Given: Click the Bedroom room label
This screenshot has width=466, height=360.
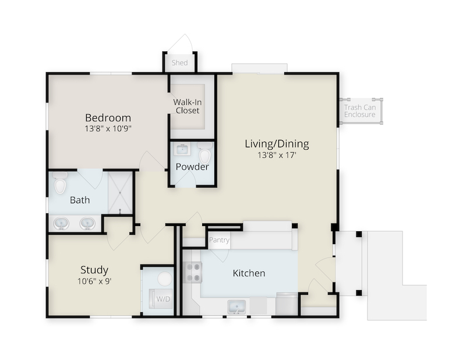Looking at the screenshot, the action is point(108,118).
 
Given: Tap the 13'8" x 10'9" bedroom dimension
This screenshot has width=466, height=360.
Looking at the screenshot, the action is point(108,129).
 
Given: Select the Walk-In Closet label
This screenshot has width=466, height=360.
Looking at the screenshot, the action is point(188,107).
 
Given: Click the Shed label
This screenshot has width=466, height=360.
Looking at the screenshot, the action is point(180,63).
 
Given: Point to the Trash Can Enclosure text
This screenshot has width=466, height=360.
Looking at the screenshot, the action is point(360,111).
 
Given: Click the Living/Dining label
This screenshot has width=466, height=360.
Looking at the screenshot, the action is point(277,144).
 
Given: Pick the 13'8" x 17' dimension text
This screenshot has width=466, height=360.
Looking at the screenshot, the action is point(277,155).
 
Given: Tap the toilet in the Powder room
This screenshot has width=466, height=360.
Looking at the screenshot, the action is point(205,153).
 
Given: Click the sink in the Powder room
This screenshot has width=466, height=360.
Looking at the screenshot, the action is point(182,149).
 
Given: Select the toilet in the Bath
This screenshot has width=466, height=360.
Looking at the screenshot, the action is point(60,183).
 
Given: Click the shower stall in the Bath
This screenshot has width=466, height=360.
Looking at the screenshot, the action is point(120,193).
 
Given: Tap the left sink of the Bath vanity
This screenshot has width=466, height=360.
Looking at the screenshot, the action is point(62,223).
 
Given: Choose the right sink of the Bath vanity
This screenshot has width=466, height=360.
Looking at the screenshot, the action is point(87,223).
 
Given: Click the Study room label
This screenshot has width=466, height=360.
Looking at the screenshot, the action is point(94,270).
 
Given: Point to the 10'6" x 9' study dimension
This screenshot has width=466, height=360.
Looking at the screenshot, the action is point(94,281).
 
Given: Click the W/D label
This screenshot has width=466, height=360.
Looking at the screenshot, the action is point(163,299).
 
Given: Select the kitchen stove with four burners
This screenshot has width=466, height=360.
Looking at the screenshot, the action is point(193,273).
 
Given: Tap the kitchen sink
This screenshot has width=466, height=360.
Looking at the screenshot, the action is point(236,307).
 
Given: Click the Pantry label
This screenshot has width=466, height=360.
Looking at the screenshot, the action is point(220,240).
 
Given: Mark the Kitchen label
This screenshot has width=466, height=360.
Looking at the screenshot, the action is point(249,273).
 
